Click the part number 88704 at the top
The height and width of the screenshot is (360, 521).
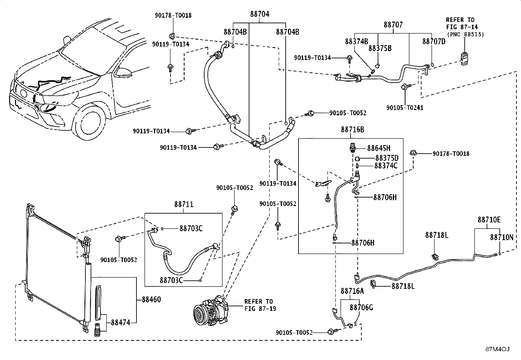(260, 14)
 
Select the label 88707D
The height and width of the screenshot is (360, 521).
(434, 42)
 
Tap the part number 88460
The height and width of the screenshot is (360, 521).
(152, 299)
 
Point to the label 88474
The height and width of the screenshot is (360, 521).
(120, 323)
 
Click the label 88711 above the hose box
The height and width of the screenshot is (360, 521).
(184, 204)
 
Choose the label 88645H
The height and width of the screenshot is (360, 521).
(379, 148)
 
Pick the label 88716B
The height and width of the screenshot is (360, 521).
(352, 130)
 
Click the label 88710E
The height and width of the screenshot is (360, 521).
(489, 219)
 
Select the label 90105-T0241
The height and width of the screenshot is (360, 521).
(405, 108)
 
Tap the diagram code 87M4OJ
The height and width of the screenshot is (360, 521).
(497, 349)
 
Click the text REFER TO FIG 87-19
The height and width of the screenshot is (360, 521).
(260, 305)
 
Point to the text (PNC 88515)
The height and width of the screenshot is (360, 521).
(465, 34)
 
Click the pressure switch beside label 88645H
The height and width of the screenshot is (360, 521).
(353, 147)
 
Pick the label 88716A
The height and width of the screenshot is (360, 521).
(352, 291)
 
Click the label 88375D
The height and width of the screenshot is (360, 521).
(387, 158)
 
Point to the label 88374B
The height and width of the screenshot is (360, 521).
(356, 42)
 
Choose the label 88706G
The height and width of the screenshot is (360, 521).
(361, 308)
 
